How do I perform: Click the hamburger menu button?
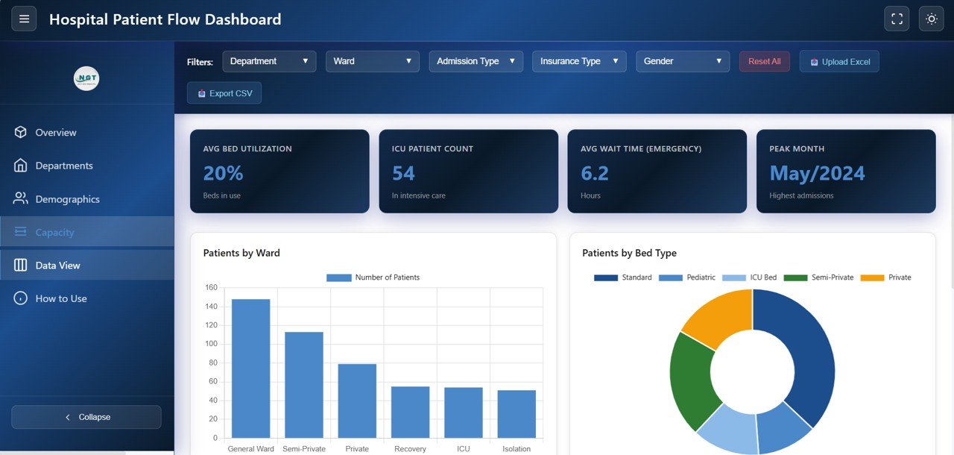tap(24, 19)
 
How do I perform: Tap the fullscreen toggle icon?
tap(897, 19)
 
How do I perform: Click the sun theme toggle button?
tap(931, 19)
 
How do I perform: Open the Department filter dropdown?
tap(269, 61)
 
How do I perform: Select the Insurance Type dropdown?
tap(579, 61)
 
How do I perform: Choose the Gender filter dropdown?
tap(682, 61)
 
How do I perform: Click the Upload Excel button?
tap(839, 62)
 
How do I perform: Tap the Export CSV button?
tap(224, 93)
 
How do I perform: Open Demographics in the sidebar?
tap(67, 199)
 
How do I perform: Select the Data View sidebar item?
tap(57, 266)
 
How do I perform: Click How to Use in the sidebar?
tap(61, 298)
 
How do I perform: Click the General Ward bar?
tap(250, 368)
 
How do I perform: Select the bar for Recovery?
tap(410, 412)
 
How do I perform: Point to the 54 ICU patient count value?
tap(403, 173)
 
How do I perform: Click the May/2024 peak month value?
tap(817, 173)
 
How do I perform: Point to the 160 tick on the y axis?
tap(211, 288)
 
